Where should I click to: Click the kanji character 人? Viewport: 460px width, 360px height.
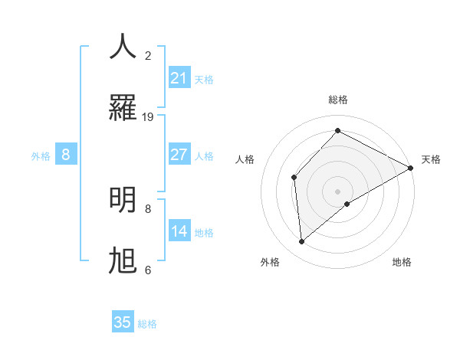click(123, 47)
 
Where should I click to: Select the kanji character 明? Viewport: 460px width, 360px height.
click(123, 200)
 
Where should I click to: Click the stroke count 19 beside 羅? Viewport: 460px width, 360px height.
click(148, 117)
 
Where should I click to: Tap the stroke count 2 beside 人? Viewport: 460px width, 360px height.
click(148, 56)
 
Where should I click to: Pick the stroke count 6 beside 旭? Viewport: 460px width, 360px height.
click(148, 270)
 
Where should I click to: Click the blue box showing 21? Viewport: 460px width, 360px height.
click(179, 78)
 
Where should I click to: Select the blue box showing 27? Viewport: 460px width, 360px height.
click(179, 155)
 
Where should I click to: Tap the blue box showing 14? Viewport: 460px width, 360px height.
click(179, 231)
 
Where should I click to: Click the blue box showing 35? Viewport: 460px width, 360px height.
click(123, 322)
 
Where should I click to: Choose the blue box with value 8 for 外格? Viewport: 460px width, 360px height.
click(66, 155)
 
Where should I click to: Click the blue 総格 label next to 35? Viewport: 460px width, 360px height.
click(147, 324)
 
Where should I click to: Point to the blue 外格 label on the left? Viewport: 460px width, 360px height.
click(41, 156)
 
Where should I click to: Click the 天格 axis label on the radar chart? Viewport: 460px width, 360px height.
click(431, 159)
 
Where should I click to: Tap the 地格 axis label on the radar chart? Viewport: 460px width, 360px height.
click(402, 262)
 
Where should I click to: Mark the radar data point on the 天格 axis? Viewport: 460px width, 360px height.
click(411, 168)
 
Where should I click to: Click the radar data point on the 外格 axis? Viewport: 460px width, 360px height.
click(302, 242)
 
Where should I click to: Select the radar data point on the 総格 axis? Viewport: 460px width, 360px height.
click(337, 131)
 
